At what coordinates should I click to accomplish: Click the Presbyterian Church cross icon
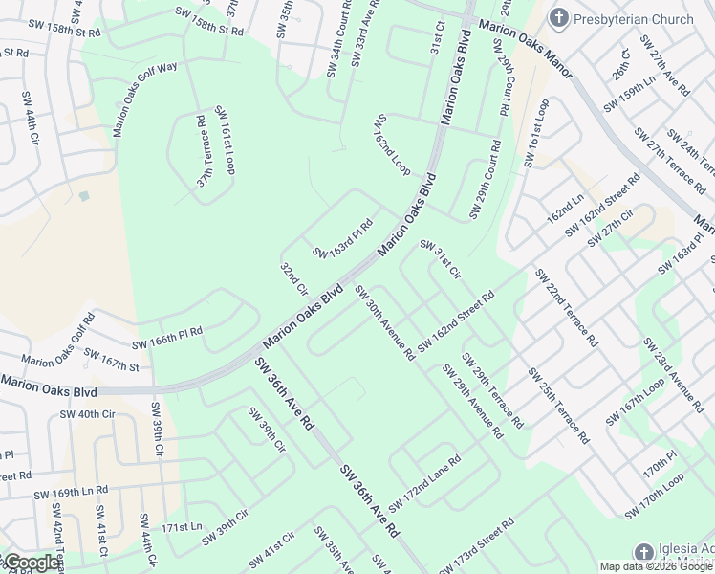560,17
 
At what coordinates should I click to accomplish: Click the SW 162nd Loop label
392,144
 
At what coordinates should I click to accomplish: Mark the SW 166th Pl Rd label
167,338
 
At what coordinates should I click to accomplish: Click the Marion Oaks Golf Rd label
58,340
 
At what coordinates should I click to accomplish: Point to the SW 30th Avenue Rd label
384,322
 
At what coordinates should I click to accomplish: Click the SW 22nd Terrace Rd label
567,306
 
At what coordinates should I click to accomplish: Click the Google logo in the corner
31,563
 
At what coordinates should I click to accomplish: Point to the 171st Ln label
182,527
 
